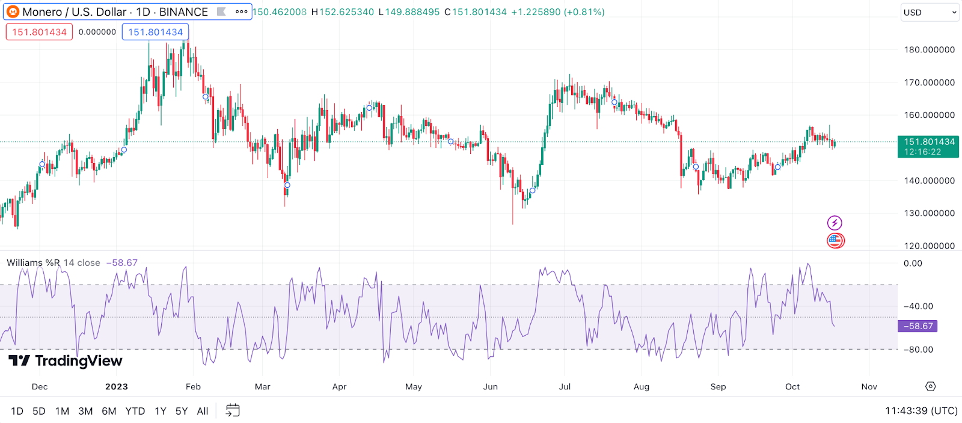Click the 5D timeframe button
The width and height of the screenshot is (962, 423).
(x=39, y=411)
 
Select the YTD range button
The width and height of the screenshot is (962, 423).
(x=135, y=411)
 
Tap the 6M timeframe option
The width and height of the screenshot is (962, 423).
(x=109, y=411)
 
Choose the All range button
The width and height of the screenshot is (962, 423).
(x=203, y=411)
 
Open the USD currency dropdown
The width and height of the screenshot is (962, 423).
(x=929, y=13)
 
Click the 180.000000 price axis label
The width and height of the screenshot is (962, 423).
(x=929, y=50)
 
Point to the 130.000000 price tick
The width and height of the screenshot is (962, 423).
(x=929, y=213)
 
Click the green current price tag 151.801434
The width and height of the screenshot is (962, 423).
(x=928, y=146)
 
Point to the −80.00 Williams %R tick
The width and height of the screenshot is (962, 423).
(x=918, y=350)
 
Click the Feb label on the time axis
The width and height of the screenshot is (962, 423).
(x=193, y=386)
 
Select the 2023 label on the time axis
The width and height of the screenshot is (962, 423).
(x=117, y=386)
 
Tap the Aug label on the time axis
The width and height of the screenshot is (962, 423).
(x=642, y=386)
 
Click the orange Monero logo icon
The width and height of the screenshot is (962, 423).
(x=13, y=12)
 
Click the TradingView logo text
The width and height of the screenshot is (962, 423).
(x=66, y=360)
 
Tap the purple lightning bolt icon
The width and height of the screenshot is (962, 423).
(x=835, y=223)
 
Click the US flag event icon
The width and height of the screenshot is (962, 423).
(x=835, y=241)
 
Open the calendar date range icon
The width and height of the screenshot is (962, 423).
(x=233, y=410)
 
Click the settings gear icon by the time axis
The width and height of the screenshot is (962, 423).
(x=931, y=386)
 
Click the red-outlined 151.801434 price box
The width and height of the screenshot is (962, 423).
(x=39, y=32)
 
